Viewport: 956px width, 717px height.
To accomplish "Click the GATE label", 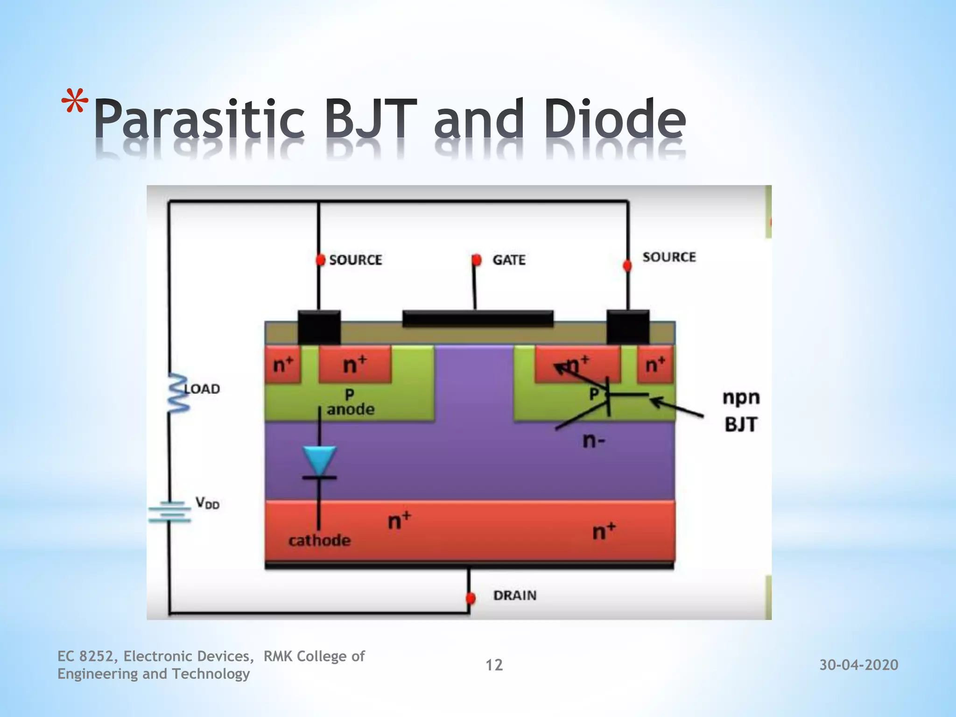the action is point(509,260).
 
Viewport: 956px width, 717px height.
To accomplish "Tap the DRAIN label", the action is point(515,595).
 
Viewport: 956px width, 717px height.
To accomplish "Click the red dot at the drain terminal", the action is point(471,598).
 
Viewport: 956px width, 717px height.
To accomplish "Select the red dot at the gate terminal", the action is point(476,260).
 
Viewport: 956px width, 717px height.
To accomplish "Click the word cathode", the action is point(319,541).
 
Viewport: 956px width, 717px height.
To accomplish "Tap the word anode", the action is point(351,409).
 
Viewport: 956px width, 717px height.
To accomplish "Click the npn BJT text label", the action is point(741,411).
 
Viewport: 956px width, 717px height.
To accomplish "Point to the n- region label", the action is point(594,440).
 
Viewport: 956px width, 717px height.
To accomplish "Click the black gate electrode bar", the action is point(478,318).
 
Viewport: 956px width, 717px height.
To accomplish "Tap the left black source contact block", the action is point(319,328).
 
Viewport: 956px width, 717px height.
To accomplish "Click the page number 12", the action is point(494,665).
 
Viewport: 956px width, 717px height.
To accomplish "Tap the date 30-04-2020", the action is point(859,665).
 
